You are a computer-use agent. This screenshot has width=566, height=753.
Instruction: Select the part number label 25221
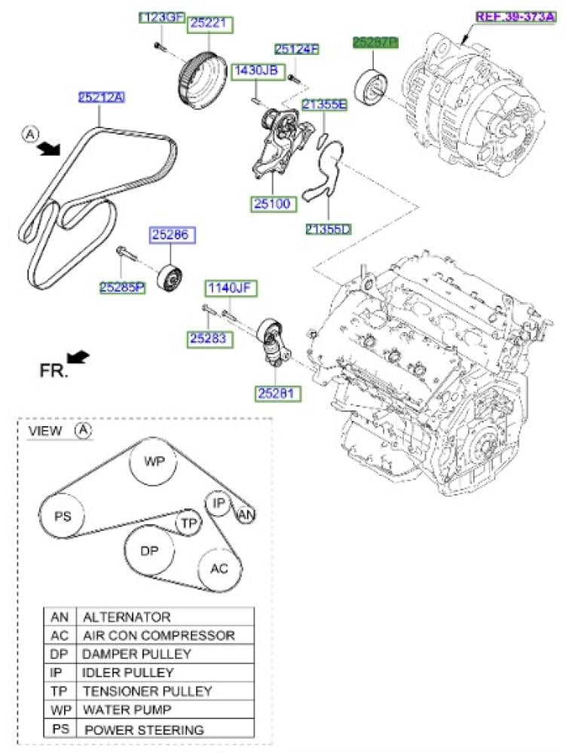tap(209, 23)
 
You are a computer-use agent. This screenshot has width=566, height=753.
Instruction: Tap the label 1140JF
tap(229, 287)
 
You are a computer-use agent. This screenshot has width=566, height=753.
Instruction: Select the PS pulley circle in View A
tap(63, 517)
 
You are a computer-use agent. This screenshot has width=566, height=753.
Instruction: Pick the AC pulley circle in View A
tap(219, 569)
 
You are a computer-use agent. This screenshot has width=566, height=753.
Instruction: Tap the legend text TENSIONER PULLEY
tap(147, 691)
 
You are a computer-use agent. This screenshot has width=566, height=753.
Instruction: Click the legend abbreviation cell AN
tap(60, 617)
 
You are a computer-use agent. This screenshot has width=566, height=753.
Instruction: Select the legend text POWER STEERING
tap(143, 730)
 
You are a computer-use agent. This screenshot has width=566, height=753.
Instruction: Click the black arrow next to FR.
tap(78, 356)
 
